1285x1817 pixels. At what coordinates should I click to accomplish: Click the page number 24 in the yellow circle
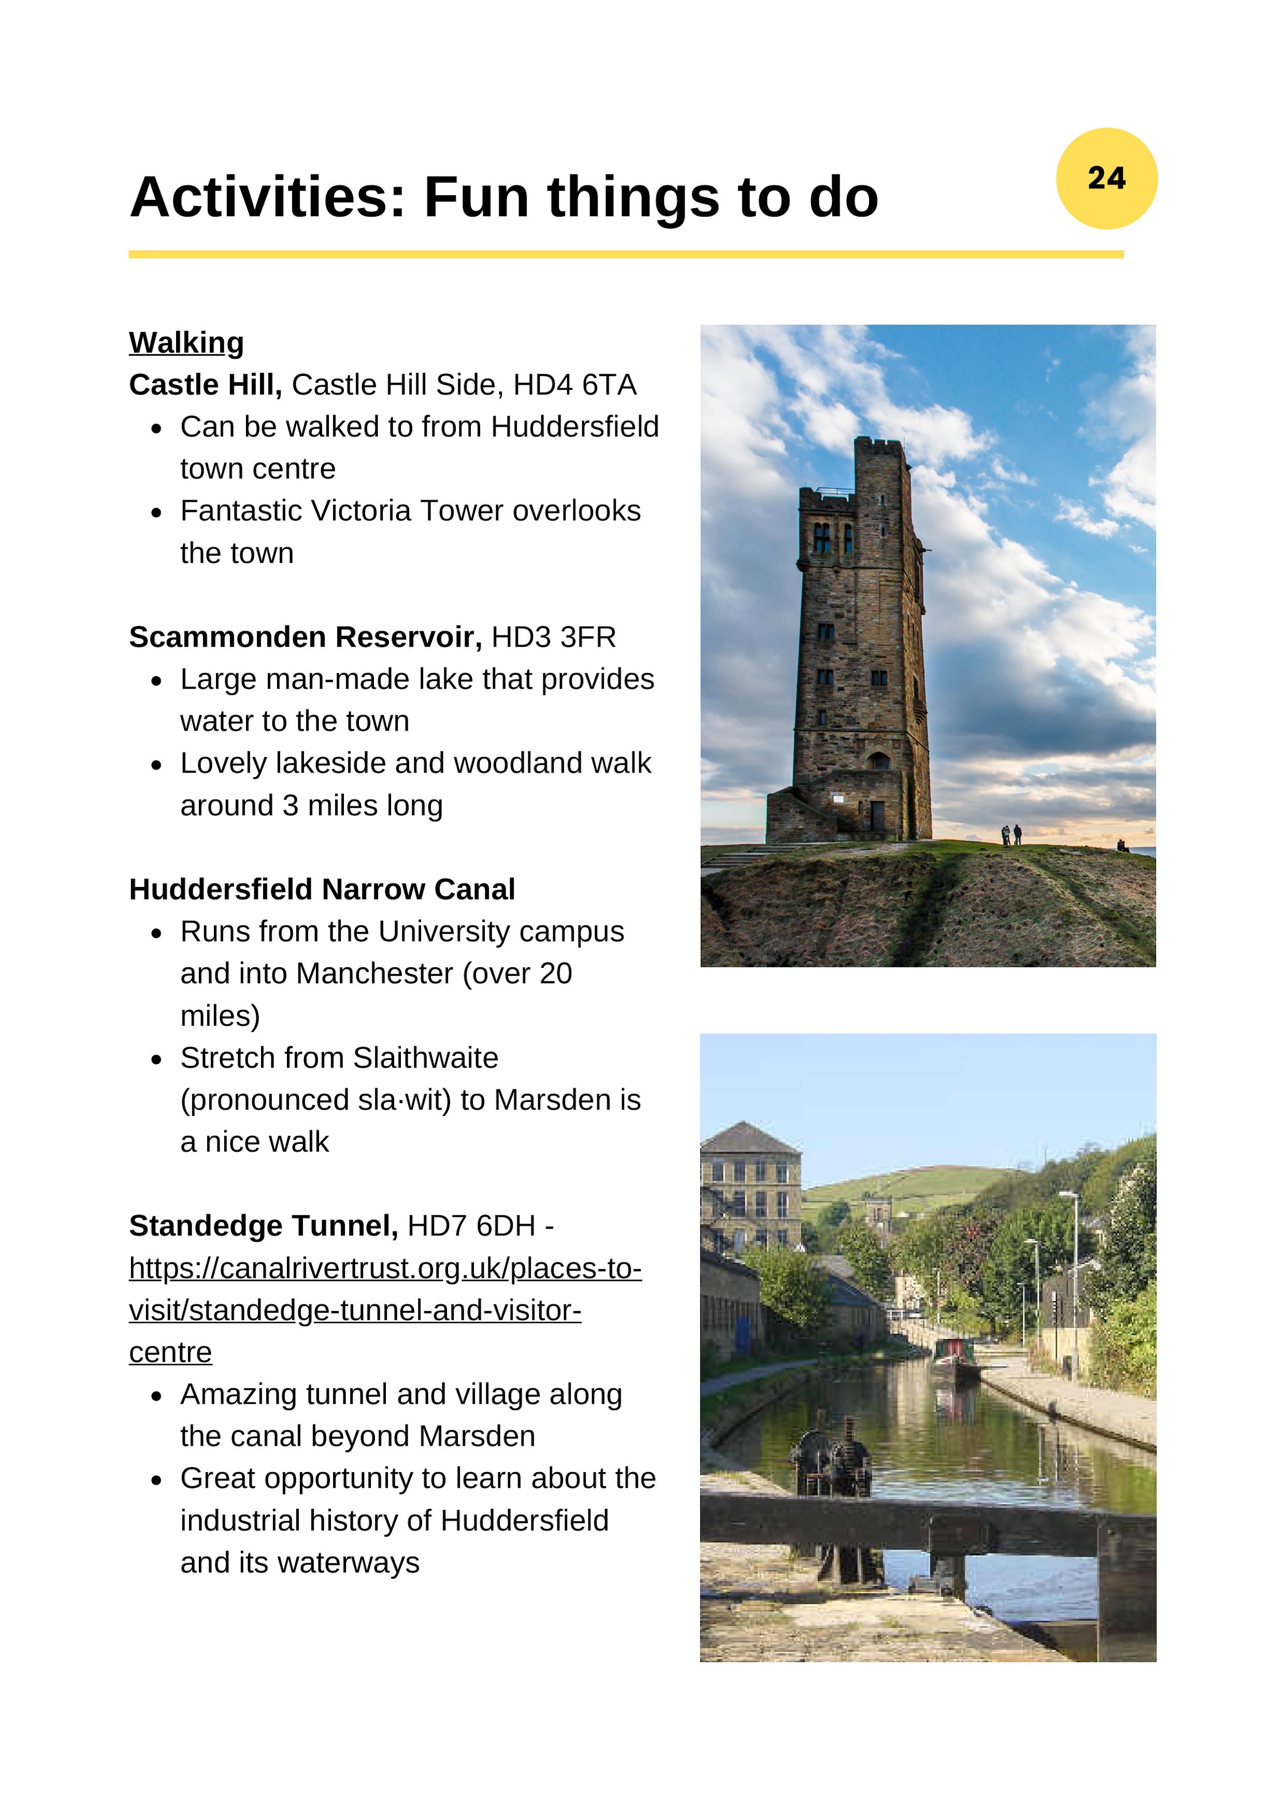coord(1106,178)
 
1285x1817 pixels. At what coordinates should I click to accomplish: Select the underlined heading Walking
coord(186,343)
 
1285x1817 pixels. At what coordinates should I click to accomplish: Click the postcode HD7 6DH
coord(471,1226)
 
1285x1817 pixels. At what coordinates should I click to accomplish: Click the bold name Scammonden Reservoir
coord(305,637)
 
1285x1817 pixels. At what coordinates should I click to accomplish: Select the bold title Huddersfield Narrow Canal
coord(322,890)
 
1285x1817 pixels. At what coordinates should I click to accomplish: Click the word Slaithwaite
coord(425,1058)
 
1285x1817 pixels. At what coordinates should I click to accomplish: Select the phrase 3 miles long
coord(363,806)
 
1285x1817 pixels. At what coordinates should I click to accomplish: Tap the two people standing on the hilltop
coord(1011,834)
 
